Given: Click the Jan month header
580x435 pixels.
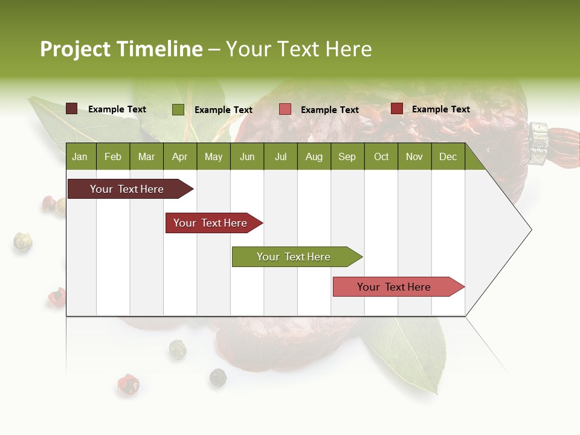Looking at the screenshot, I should click(80, 157).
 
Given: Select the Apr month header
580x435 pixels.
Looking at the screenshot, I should click(179, 157).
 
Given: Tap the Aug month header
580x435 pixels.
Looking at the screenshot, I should click(314, 157).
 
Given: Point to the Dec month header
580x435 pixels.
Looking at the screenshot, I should click(448, 157).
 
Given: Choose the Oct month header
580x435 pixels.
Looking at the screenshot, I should click(381, 157).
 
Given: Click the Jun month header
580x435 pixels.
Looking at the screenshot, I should click(247, 157).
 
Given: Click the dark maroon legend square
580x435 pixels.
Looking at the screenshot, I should click(71, 109).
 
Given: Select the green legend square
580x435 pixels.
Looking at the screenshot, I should click(178, 109).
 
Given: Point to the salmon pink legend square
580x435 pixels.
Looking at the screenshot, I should click(285, 109).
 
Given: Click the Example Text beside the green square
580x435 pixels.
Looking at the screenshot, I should click(224, 110).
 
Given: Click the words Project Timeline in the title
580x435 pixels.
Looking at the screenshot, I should click(121, 49).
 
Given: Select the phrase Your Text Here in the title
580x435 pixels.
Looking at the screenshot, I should click(298, 49).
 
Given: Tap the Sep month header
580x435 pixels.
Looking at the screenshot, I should click(347, 157).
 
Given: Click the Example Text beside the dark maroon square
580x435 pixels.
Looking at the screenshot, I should click(117, 109).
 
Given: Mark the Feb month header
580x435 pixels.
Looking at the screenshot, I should click(113, 157).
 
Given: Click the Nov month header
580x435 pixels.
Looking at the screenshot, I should click(414, 157).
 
